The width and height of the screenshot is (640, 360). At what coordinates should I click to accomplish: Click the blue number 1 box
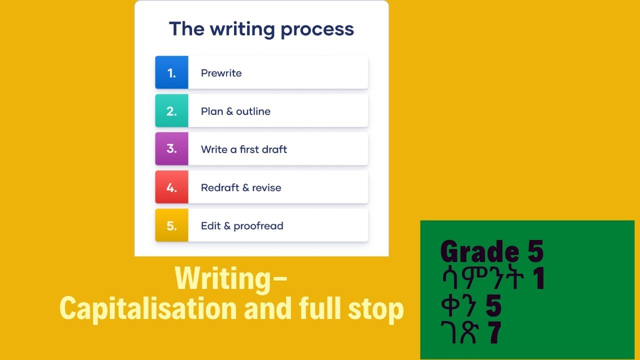pyautogui.click(x=171, y=72)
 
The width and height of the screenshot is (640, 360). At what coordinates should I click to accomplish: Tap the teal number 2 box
pyautogui.click(x=171, y=110)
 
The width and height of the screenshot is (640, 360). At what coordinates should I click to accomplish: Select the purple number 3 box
pyautogui.click(x=171, y=149)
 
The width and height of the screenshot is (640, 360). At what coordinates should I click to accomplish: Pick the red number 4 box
pyautogui.click(x=171, y=187)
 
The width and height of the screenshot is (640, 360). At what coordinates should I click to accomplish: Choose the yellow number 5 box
pyautogui.click(x=171, y=225)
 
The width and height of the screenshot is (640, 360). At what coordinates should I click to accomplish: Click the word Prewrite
pyautogui.click(x=221, y=73)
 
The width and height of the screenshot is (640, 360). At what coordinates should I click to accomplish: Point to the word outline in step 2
pyautogui.click(x=253, y=111)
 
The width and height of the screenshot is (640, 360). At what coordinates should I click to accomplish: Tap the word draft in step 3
pyautogui.click(x=273, y=149)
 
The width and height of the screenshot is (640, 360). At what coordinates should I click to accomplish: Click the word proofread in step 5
pyautogui.click(x=258, y=226)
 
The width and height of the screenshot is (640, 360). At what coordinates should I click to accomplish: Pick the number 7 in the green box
pyautogui.click(x=495, y=332)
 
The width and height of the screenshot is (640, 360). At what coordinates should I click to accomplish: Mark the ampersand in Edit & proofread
pyautogui.click(x=227, y=226)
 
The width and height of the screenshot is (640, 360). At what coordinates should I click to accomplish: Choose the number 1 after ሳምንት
pyautogui.click(x=538, y=279)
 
